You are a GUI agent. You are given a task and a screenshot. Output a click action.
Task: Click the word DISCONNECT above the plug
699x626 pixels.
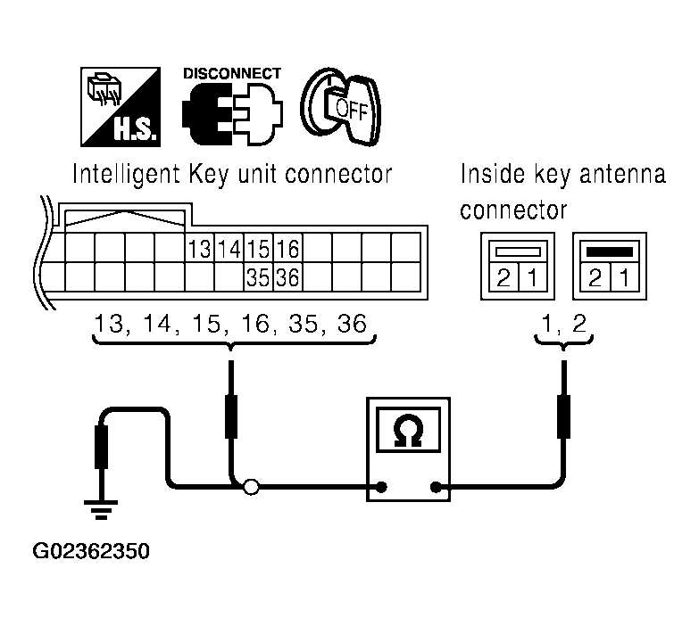coord(232,73)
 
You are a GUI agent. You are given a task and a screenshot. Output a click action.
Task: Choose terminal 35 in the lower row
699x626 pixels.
coord(259,276)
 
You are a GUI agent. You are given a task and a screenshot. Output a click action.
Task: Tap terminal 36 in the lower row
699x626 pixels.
coord(287,276)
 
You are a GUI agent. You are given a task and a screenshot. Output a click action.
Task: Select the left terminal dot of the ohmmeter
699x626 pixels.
coord(381,488)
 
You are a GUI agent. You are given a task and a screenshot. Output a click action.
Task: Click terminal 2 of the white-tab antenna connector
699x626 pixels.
coord(503,278)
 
